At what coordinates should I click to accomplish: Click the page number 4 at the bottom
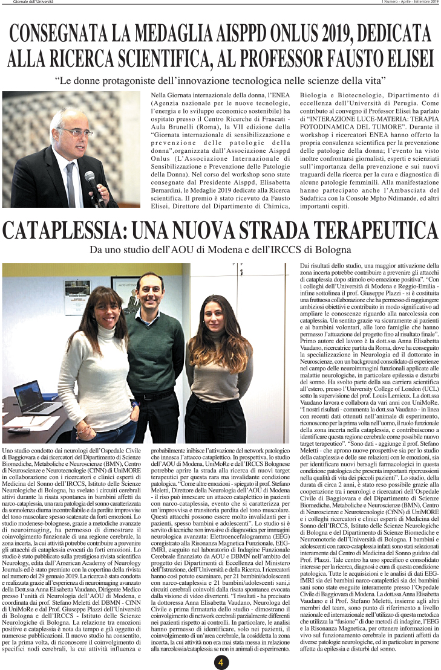(x=221, y=662)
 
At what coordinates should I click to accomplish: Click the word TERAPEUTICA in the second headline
(x=375, y=232)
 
